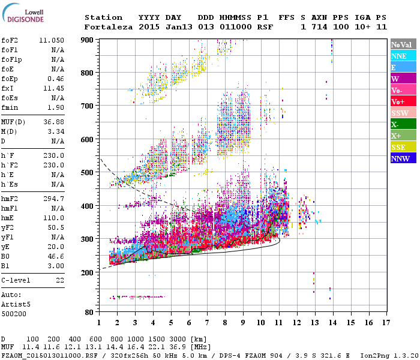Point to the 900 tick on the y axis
tap(88, 40)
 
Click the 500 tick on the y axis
tap(88, 173)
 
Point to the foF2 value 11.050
tap(52, 39)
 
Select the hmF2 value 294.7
tap(53, 197)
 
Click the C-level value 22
tap(59, 280)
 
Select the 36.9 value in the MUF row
tap(181, 347)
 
